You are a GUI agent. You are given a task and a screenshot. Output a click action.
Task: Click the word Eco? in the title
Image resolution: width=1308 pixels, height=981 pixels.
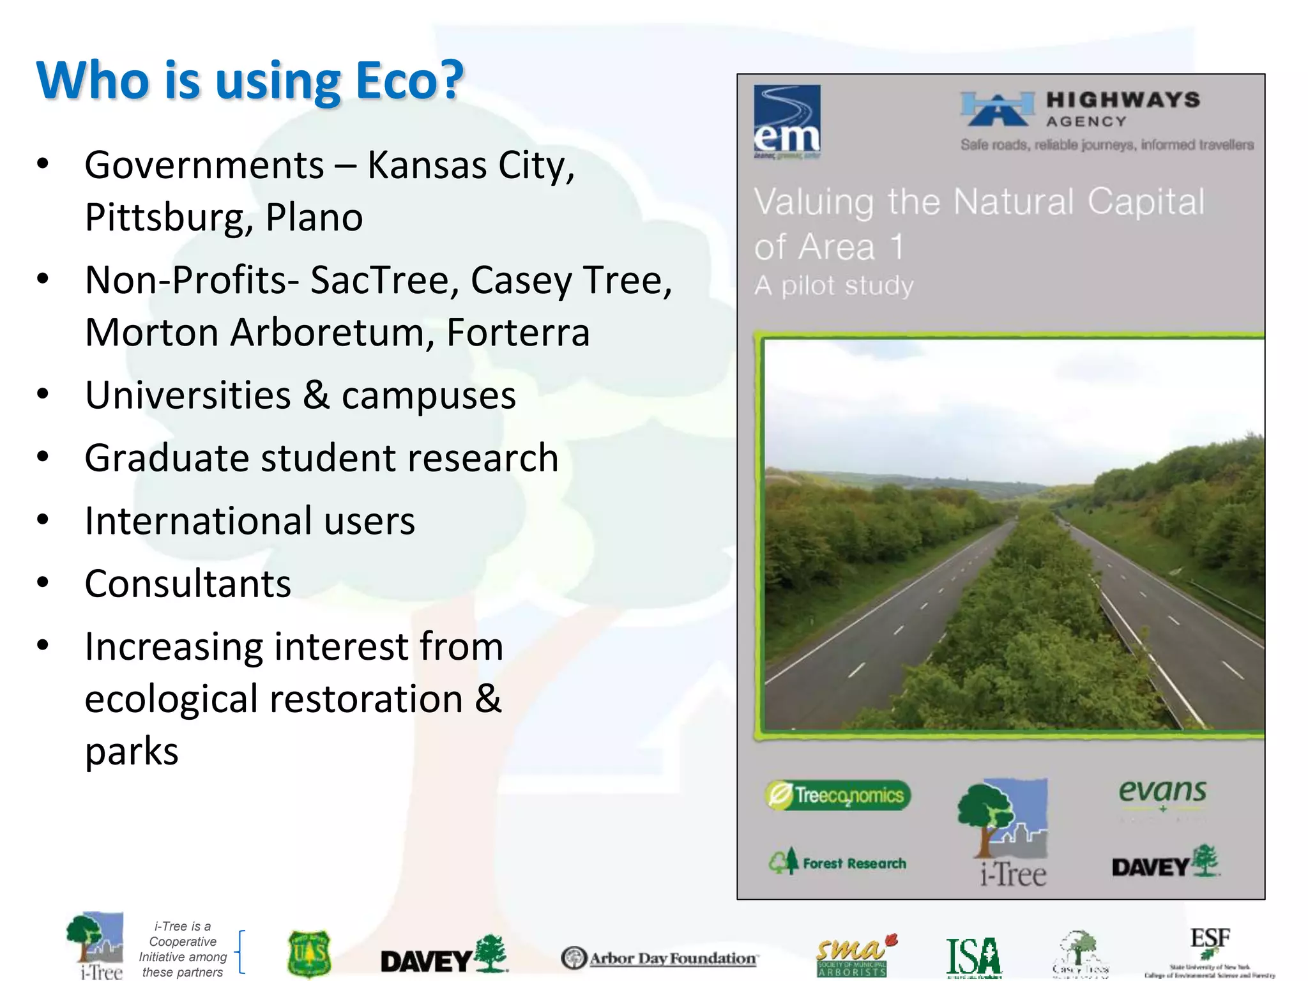(409, 81)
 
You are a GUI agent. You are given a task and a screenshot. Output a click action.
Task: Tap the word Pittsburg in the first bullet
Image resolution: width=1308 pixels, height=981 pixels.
(163, 218)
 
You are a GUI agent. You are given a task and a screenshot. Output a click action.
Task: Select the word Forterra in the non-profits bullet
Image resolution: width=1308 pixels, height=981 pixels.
(517, 333)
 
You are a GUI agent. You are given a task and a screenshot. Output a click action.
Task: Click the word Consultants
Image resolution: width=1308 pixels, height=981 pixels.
(188, 584)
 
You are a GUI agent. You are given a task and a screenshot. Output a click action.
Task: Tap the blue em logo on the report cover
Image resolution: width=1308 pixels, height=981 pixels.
(787, 121)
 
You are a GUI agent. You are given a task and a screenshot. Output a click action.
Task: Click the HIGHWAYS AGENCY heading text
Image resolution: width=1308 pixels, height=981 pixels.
(1122, 109)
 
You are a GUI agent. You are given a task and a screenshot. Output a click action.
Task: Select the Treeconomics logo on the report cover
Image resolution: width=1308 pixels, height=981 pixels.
(838, 795)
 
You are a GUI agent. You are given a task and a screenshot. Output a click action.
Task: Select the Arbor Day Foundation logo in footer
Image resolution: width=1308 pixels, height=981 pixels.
(659, 958)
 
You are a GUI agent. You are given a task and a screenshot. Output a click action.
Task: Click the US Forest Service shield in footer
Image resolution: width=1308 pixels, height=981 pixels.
(309, 954)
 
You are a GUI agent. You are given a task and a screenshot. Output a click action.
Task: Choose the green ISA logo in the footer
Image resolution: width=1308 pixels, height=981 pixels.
(973, 957)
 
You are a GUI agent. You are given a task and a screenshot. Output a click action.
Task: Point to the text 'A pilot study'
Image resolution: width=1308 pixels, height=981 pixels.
(833, 285)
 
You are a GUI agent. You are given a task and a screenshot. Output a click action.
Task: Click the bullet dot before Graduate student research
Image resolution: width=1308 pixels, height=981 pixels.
(43, 457)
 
